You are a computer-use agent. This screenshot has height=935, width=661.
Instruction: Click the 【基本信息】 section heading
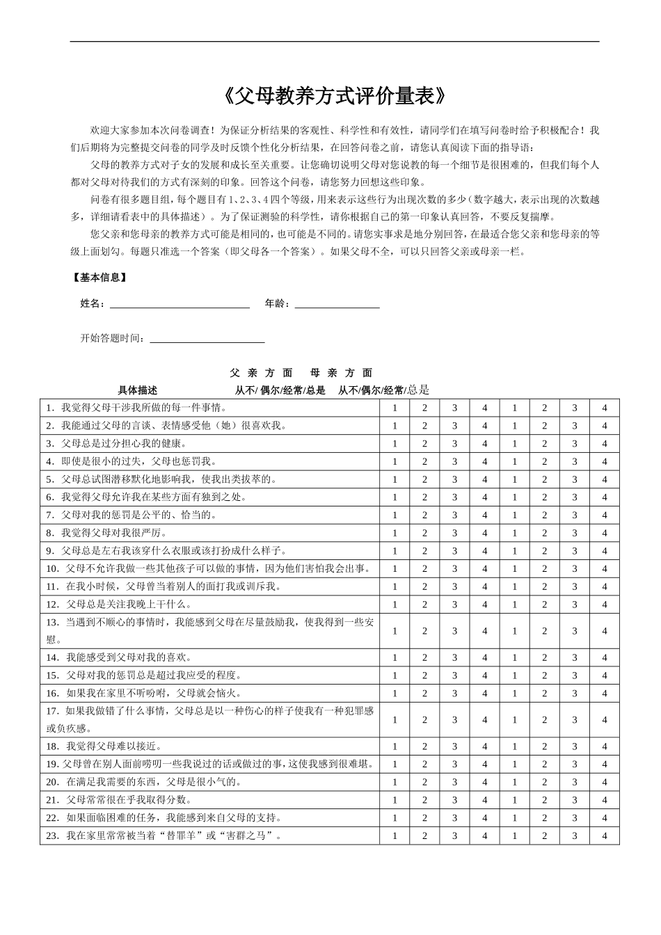(x=99, y=277)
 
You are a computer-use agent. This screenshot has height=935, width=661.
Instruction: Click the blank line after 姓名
(x=180, y=304)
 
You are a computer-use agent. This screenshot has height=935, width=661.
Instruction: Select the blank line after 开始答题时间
(x=207, y=339)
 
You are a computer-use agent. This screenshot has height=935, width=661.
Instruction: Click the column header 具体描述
(x=138, y=390)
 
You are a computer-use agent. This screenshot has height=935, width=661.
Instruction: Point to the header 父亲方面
(x=261, y=373)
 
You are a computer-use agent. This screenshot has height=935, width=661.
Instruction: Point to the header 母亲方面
(x=342, y=373)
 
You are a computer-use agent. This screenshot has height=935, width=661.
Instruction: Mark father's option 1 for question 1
(x=395, y=408)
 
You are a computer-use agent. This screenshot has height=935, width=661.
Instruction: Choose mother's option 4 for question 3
(x=605, y=444)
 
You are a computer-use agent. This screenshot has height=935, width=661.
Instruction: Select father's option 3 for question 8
(x=454, y=533)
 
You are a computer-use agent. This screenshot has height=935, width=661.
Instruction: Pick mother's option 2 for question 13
(x=545, y=631)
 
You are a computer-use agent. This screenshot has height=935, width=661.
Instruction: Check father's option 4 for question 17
(x=485, y=720)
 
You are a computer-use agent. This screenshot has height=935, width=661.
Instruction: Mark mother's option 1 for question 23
(x=515, y=836)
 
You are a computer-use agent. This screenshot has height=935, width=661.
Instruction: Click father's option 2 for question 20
(x=424, y=782)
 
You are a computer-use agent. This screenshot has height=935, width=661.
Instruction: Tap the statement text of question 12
(x=118, y=604)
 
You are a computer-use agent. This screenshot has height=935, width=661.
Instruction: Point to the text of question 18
(x=104, y=746)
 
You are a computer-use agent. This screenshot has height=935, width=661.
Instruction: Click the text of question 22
(x=164, y=818)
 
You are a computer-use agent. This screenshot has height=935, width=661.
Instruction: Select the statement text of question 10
(x=209, y=568)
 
